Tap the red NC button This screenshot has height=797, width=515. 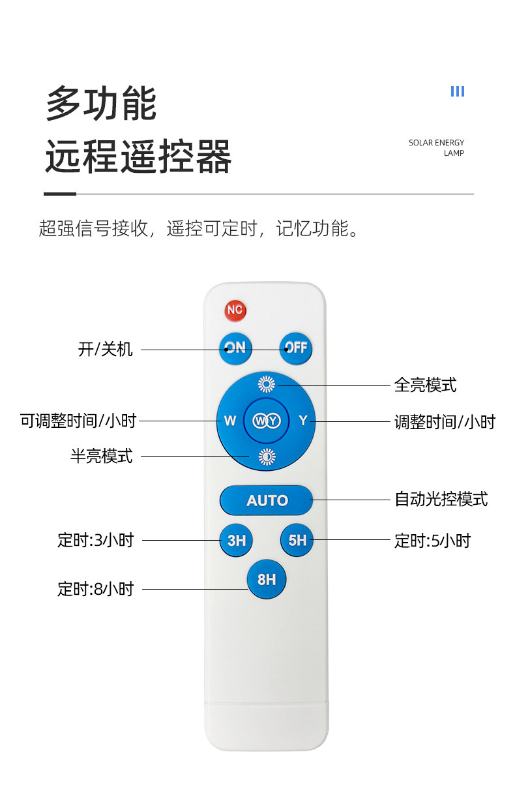click(x=235, y=310)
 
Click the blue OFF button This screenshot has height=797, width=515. click(x=296, y=348)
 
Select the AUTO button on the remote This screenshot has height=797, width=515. click(x=267, y=500)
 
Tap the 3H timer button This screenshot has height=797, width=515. click(x=236, y=540)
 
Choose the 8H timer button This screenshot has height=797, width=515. click(x=266, y=579)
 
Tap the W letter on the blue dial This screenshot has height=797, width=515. click(x=230, y=421)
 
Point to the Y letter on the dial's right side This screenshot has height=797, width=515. click(x=302, y=421)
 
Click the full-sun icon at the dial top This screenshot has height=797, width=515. click(x=266, y=384)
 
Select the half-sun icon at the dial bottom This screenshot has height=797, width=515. click(x=266, y=457)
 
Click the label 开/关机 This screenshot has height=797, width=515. click(x=105, y=350)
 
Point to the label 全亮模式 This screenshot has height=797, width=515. click(x=425, y=385)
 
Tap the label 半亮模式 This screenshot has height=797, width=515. click(x=101, y=456)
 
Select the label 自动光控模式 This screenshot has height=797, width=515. click(x=441, y=500)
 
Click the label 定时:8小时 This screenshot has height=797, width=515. click(x=95, y=589)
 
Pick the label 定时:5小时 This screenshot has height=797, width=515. click(x=432, y=541)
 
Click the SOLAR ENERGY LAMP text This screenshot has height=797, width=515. click(x=436, y=148)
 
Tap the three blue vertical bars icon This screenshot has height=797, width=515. click(x=458, y=91)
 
